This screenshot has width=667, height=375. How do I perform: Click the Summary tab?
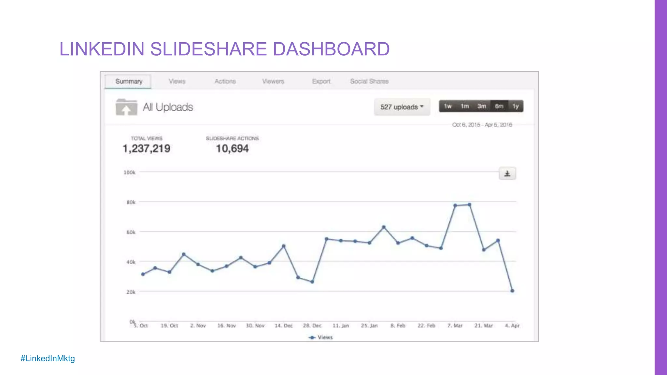128,81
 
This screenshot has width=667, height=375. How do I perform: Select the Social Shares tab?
369,81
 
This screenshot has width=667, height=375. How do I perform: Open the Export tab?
321,81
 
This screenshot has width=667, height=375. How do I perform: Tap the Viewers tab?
273,81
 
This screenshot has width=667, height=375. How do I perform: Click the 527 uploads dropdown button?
402,107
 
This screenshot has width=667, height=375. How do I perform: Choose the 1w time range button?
447,106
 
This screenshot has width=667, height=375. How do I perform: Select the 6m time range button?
499,106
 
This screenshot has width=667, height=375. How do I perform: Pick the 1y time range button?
516,106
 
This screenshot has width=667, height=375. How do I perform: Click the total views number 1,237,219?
146,149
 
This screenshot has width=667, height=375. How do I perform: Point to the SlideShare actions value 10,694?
232,149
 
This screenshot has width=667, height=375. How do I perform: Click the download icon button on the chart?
507,174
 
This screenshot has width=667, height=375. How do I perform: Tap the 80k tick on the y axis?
131,202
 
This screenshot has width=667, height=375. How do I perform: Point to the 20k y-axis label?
131,292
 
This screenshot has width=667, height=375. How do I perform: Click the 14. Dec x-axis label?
283,326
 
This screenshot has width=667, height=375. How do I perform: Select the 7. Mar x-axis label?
455,326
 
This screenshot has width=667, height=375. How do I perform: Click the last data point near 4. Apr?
512,291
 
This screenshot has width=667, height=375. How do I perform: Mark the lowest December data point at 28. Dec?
312,282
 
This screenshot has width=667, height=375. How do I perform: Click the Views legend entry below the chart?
321,338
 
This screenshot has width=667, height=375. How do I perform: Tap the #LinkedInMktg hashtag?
48,358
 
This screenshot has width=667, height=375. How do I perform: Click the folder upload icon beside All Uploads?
126,107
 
